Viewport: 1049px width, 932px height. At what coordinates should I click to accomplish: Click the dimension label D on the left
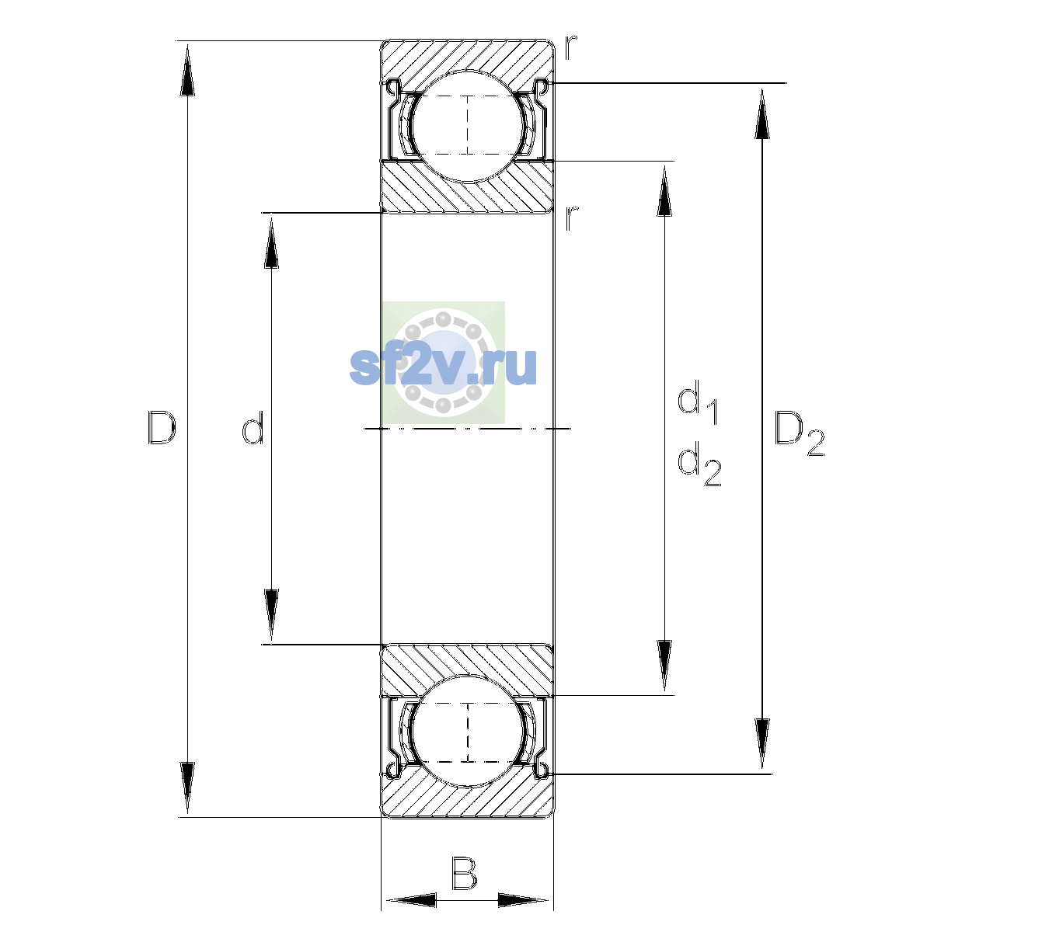162,427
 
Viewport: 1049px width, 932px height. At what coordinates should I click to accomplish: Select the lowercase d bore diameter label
253,427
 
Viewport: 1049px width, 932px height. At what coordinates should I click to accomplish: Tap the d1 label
698,402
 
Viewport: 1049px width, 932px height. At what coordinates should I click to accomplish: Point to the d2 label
699,464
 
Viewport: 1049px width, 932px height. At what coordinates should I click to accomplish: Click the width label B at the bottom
465,873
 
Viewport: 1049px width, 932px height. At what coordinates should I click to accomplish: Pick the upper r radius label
571,47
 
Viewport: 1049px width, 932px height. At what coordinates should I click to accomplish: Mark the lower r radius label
571,218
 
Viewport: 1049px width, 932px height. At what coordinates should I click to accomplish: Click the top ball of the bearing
468,127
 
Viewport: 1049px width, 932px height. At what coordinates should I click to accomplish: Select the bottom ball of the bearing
468,732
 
